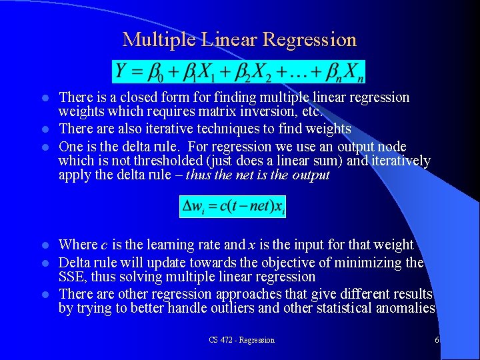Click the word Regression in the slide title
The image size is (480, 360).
click(x=309, y=40)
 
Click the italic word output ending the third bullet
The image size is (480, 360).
click(x=311, y=176)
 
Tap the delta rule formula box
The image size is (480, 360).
click(x=233, y=206)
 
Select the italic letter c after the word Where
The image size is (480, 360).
click(x=104, y=245)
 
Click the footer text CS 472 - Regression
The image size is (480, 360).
click(x=241, y=340)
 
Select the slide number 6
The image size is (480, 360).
click(x=436, y=340)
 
